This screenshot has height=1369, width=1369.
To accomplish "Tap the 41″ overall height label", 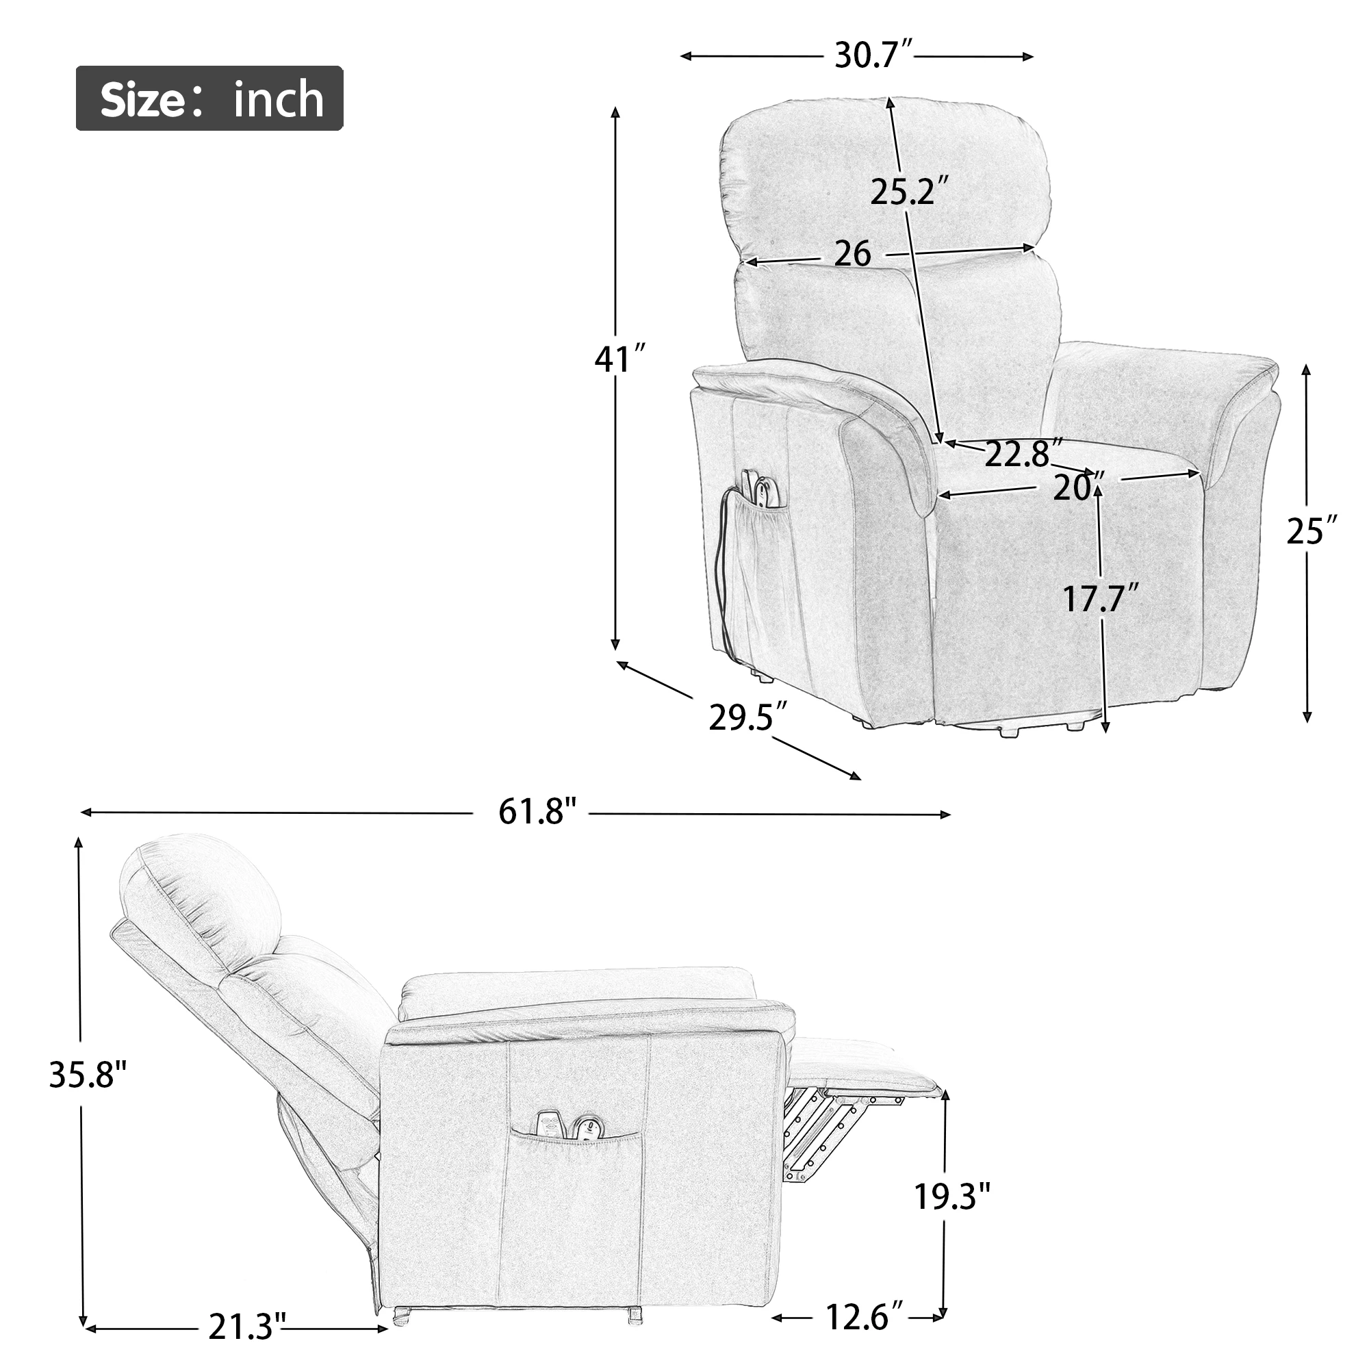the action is (x=620, y=359).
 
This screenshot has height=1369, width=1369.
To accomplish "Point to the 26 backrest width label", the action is (x=852, y=254).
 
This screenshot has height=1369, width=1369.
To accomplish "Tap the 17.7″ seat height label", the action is (x=1101, y=600).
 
